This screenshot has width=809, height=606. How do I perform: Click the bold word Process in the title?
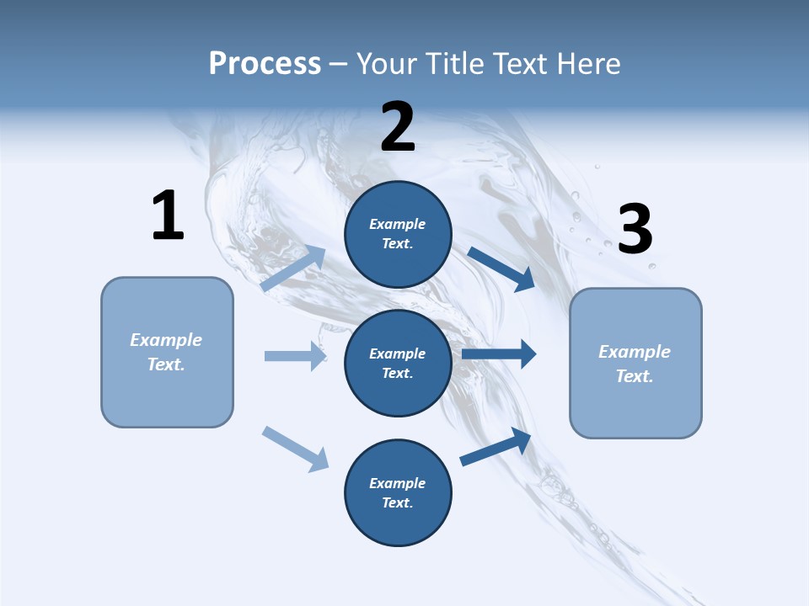265,64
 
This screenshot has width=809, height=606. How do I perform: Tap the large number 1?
168,215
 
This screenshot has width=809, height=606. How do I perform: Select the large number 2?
398,127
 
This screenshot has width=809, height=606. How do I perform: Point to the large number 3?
635,230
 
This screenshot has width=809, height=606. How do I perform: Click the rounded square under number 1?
167,352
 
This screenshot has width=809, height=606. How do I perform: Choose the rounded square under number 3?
635,363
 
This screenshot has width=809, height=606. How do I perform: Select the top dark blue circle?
398,234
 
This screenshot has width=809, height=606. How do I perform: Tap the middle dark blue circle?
398,363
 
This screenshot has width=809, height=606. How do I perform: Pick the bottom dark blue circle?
398,492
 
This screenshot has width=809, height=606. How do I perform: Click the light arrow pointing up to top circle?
293,268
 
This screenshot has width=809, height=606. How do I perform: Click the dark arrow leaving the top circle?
501,268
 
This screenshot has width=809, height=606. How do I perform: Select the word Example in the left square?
166,340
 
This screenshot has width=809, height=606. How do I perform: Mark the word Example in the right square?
635,352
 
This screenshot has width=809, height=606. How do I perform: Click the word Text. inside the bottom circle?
397,502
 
